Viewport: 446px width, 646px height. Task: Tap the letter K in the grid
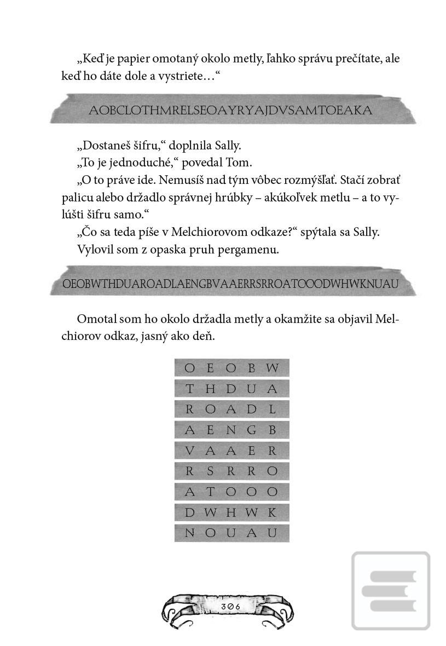click(272, 512)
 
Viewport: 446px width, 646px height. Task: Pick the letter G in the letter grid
click(252, 430)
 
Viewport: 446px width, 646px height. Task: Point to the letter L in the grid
click(272, 409)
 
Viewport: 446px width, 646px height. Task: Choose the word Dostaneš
click(105, 146)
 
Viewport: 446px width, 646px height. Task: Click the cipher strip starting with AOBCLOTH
click(230, 110)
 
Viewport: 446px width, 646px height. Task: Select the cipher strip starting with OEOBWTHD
click(230, 284)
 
